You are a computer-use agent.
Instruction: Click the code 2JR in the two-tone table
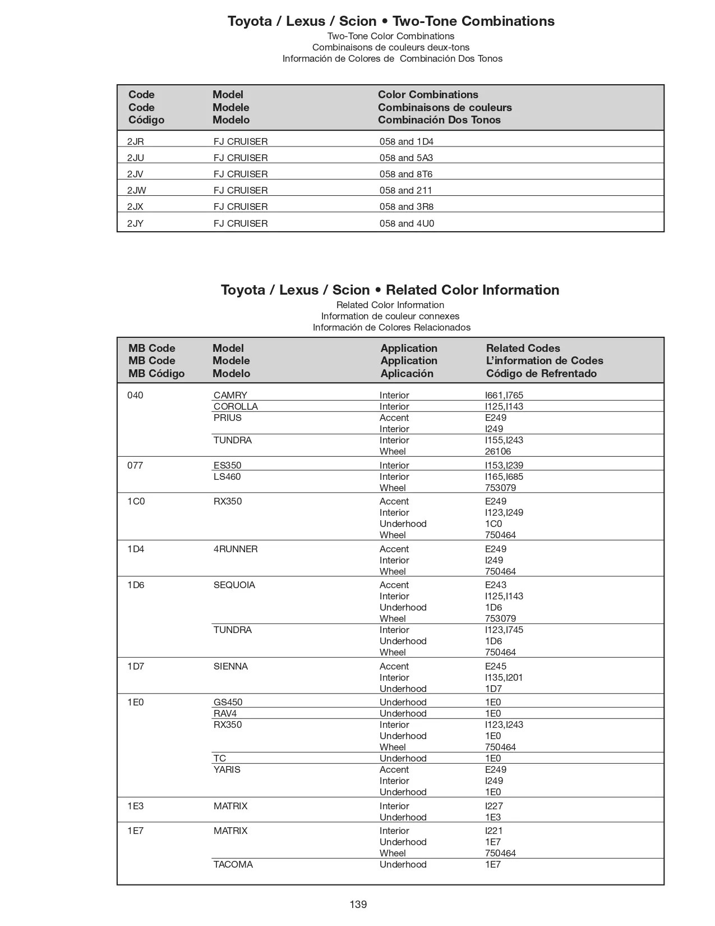pyautogui.click(x=135, y=141)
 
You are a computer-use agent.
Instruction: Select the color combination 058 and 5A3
pyautogui.click(x=406, y=158)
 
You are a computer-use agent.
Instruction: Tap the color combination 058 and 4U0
pyautogui.click(x=407, y=223)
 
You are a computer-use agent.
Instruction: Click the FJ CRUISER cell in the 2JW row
pyautogui.click(x=241, y=190)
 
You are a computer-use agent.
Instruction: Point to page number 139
pyautogui.click(x=358, y=904)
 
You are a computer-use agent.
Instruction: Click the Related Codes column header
pyautogui.click(x=523, y=348)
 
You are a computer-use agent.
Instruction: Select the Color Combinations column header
pyautogui.click(x=428, y=94)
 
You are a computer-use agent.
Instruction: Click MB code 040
pyautogui.click(x=135, y=395)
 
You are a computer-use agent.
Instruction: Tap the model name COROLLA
pyautogui.click(x=236, y=406)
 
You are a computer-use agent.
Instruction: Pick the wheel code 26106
pyautogui.click(x=498, y=451)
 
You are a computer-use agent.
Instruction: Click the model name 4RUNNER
pyautogui.click(x=236, y=549)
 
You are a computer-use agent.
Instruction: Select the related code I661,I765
pyautogui.click(x=504, y=395)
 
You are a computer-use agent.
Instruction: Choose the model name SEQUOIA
pyautogui.click(x=234, y=585)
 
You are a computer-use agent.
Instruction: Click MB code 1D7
pyautogui.click(x=136, y=666)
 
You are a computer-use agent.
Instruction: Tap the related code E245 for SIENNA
pyautogui.click(x=496, y=666)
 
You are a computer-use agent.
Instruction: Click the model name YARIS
pyautogui.click(x=227, y=769)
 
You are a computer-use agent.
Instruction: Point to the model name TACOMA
pyautogui.click(x=233, y=864)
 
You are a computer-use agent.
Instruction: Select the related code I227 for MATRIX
pyautogui.click(x=494, y=806)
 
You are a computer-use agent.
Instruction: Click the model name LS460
pyautogui.click(x=227, y=476)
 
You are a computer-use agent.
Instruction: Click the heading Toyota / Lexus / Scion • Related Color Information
pyautogui.click(x=390, y=290)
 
